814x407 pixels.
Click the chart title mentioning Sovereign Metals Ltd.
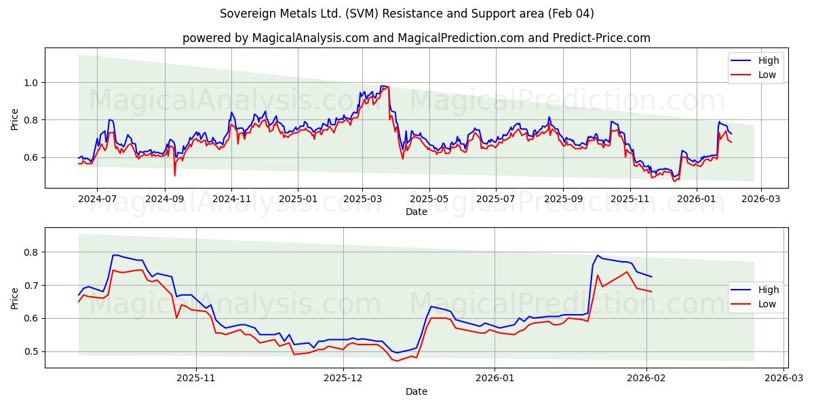(x=407, y=14)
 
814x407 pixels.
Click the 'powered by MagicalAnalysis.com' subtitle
(x=416, y=38)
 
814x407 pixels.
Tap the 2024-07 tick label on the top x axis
(x=97, y=199)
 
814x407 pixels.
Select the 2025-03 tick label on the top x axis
(x=362, y=199)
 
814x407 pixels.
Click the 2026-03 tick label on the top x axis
(x=760, y=199)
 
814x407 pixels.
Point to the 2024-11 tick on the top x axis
(x=231, y=199)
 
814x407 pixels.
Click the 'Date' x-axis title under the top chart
(x=416, y=212)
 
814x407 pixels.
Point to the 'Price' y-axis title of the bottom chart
(x=15, y=298)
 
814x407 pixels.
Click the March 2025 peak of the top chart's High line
(x=384, y=86)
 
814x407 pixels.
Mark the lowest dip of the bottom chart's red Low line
(x=397, y=361)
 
